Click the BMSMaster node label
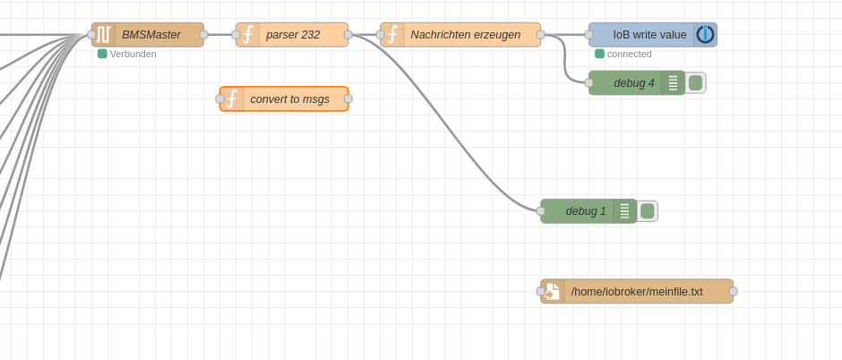[x=150, y=35]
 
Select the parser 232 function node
[x=292, y=35]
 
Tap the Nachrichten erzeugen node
[x=460, y=35]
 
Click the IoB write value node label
[x=649, y=35]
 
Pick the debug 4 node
[x=637, y=83]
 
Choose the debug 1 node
[x=589, y=211]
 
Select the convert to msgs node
[x=284, y=99]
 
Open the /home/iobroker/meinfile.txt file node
[x=637, y=291]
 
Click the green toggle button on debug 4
[x=695, y=83]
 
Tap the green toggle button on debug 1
[x=647, y=211]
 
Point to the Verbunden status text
[x=133, y=55]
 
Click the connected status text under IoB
[x=630, y=55]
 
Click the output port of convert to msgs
[x=348, y=99]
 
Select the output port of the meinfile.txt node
[x=734, y=291]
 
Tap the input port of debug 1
[x=541, y=211]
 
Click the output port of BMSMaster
[x=204, y=35]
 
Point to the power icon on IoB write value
[x=705, y=35]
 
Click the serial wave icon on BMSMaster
[x=103, y=35]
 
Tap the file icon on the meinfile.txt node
[x=552, y=291]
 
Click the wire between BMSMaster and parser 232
[x=220, y=35]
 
